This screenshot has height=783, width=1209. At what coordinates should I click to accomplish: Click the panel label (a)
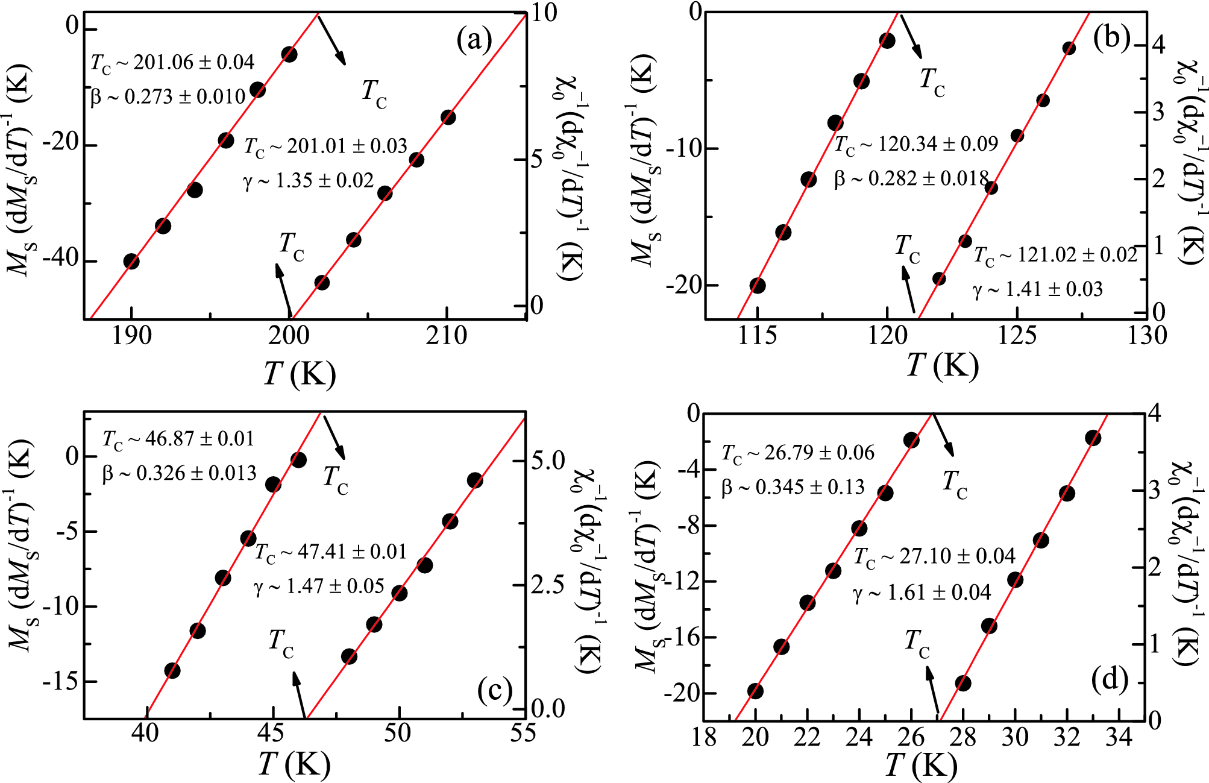(x=474, y=41)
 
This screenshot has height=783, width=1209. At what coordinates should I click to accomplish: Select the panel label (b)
(x=1111, y=38)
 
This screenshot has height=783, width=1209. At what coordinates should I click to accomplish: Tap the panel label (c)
(x=494, y=691)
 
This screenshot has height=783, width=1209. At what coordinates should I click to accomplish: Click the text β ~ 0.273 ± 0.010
(x=168, y=96)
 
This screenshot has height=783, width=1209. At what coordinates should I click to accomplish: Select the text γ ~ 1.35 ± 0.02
(x=309, y=180)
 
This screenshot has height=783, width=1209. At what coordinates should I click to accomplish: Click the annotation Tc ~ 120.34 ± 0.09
(x=916, y=145)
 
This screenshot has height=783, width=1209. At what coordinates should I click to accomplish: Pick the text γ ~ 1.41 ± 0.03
(x=1038, y=289)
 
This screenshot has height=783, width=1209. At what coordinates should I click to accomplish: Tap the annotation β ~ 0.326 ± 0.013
(x=179, y=473)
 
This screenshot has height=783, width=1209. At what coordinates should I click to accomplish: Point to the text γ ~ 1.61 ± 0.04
(x=922, y=593)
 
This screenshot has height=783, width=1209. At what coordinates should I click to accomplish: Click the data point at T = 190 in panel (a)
(x=131, y=262)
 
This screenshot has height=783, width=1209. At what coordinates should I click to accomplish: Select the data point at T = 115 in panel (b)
(x=758, y=286)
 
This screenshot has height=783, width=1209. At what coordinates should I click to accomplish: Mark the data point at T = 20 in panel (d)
(x=755, y=691)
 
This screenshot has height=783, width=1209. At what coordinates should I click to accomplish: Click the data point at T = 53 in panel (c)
(x=475, y=480)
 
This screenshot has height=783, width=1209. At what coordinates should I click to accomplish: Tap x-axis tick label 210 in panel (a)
(x=446, y=336)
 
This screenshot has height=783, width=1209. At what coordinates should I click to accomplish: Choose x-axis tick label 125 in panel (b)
(x=1017, y=336)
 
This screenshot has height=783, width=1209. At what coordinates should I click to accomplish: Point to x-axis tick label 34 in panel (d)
(x=1119, y=737)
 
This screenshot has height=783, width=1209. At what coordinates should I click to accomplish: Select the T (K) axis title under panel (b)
(x=943, y=365)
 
